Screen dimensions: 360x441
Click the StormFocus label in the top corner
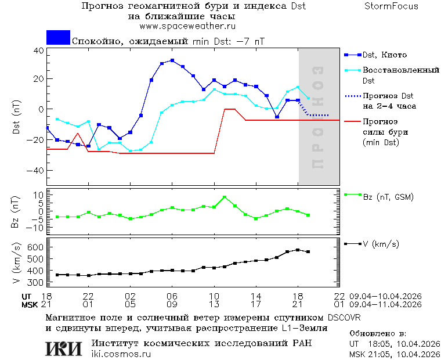coord(392,6)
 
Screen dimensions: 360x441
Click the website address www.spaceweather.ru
coord(187,26)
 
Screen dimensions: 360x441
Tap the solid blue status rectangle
coord(58,37)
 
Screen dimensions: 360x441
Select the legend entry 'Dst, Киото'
coord(384,55)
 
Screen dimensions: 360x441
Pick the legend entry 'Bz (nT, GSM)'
coord(388,197)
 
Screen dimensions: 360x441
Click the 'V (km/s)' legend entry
coord(381,244)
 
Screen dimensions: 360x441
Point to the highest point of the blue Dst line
coord(172,60)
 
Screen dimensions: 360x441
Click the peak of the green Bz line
coord(225,197)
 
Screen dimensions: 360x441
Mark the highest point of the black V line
coord(298,250)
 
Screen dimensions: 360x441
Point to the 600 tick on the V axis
coord(36,247)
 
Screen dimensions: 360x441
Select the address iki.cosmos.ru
coord(121,354)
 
